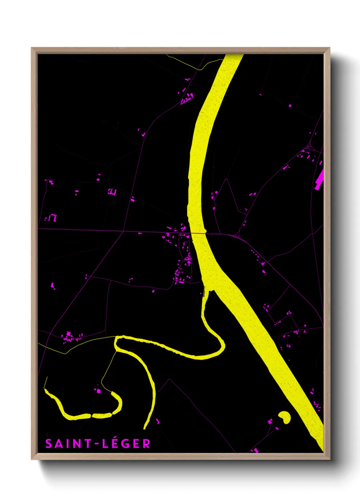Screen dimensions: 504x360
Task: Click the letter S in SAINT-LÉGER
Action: [49, 444]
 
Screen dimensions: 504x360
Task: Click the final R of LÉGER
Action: [146, 444]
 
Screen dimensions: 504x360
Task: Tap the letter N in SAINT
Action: [78, 444]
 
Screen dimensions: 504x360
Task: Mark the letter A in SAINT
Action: [59, 444]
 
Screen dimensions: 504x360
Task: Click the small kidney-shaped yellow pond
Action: [284, 417]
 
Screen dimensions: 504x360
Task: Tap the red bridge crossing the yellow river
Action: [198, 233]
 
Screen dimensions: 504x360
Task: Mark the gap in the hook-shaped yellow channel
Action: [91, 416]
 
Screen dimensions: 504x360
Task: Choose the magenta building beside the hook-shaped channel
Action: [99, 391]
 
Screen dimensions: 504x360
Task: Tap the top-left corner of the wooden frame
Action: [32, 48]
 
